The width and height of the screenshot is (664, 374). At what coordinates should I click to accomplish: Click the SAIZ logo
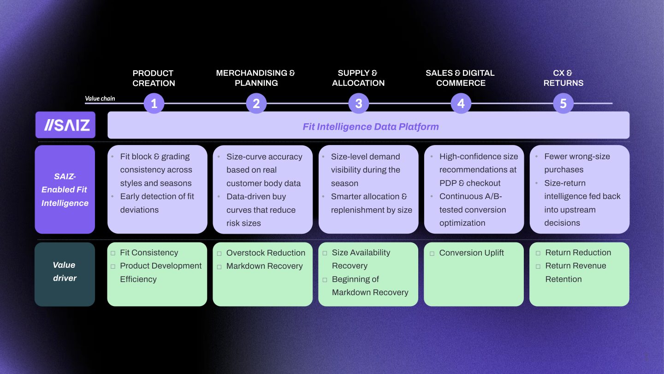[65, 125]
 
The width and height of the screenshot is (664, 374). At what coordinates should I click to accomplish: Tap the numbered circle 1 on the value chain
[154, 103]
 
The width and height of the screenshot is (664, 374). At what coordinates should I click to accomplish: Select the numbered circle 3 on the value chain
[358, 103]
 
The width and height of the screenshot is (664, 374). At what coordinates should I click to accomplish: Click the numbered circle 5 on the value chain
[563, 103]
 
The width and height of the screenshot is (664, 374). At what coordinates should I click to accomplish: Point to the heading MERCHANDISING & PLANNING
[255, 78]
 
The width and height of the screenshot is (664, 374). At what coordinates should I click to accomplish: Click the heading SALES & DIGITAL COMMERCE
[460, 78]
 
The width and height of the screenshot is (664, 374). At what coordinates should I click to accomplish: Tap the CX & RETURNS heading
[563, 78]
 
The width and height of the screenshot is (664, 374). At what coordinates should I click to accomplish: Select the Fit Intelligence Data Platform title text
[370, 127]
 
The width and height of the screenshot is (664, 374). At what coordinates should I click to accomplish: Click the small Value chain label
[100, 98]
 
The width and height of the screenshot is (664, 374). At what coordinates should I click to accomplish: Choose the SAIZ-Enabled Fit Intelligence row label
[65, 189]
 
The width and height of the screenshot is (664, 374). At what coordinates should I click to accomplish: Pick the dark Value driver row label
[65, 271]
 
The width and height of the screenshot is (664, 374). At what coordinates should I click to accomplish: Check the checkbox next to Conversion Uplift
[432, 253]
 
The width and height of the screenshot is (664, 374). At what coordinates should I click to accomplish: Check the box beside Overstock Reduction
[219, 253]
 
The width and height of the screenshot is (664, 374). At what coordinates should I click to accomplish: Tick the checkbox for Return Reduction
[538, 253]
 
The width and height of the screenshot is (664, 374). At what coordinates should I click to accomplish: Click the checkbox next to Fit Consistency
[113, 253]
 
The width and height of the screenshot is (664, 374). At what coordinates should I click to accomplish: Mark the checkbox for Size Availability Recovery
[325, 253]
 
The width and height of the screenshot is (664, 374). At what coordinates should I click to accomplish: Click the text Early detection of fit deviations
[157, 203]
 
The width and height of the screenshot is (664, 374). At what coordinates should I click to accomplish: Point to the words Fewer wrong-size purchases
[576, 163]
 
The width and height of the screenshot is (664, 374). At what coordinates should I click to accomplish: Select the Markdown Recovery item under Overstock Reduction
[264, 266]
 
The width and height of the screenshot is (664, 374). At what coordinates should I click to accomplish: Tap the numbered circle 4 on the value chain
[461, 103]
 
